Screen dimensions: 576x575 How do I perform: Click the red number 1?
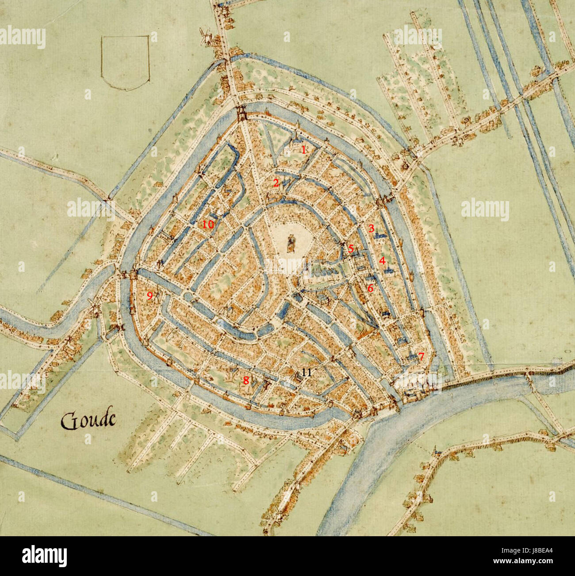303,149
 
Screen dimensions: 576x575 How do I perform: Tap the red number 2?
276,183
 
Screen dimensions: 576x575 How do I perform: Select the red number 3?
372,229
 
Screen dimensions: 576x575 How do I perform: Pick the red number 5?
351,249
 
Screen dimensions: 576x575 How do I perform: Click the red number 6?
370,288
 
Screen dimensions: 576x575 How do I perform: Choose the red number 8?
245,380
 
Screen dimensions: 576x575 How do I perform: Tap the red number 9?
149,296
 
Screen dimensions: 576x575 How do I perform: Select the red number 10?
208,225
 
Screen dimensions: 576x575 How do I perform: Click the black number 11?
307,372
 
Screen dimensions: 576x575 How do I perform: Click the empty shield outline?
125,62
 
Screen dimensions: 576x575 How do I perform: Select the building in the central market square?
291,244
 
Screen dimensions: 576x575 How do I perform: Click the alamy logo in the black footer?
45,556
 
